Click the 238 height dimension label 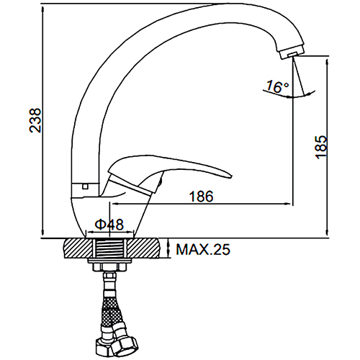tap(35, 120)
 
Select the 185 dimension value tap(321, 147)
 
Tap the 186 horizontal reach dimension tap(201, 197)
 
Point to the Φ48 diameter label tap(109, 225)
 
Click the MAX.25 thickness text tap(203, 249)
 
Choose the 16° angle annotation tap(277, 86)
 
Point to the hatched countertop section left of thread tap(78, 248)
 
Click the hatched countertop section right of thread tap(143, 248)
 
